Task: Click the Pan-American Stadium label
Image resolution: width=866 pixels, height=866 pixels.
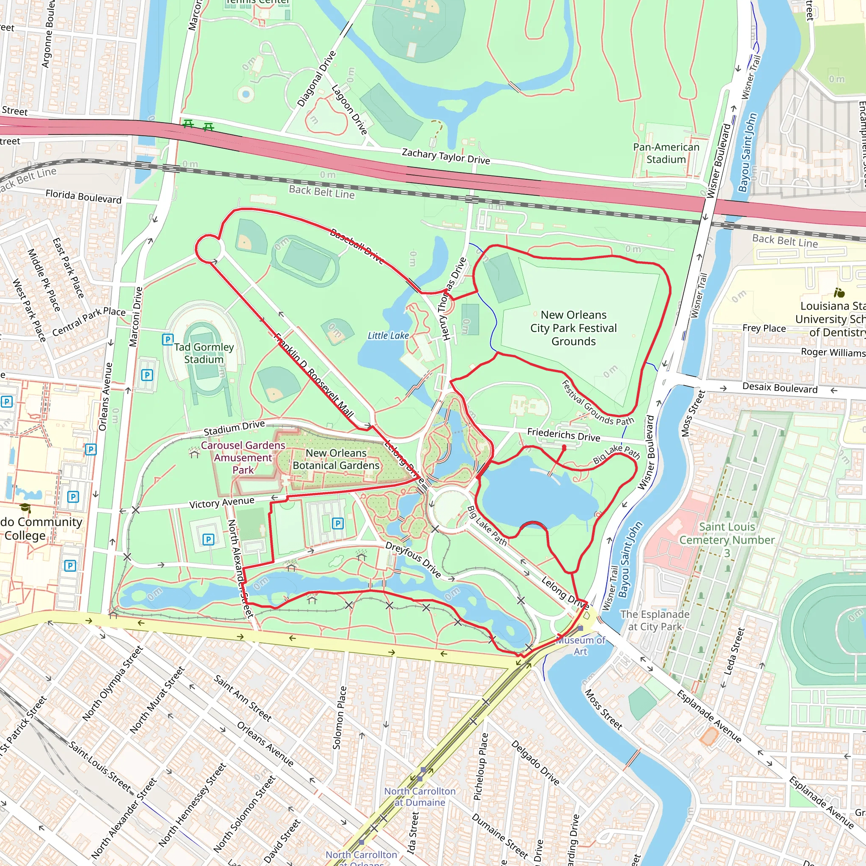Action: [666, 153]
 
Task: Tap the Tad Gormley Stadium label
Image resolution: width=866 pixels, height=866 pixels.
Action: [204, 353]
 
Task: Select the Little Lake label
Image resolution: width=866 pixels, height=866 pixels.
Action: [388, 335]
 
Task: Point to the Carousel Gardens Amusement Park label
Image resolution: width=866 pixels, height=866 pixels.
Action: [243, 457]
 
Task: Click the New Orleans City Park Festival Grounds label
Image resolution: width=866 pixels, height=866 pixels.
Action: [573, 328]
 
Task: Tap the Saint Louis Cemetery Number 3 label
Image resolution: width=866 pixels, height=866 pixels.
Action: [726, 539]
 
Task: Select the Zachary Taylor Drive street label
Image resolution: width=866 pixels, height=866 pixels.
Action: [446, 156]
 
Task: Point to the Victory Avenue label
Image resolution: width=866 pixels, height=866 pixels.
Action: [222, 503]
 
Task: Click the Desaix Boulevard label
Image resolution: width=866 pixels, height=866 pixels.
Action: [779, 388]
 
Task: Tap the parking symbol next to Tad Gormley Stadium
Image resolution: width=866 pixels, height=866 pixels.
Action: [167, 339]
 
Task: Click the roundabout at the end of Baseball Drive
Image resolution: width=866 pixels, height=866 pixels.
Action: [209, 248]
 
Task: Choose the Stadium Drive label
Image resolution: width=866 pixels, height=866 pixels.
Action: [234, 428]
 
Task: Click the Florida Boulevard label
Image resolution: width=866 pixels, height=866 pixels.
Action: [83, 196]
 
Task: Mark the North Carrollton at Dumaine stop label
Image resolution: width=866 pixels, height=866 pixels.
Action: [419, 797]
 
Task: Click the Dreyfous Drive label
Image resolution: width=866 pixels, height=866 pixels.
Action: [413, 559]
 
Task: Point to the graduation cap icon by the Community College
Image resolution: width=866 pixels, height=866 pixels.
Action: [25, 508]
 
